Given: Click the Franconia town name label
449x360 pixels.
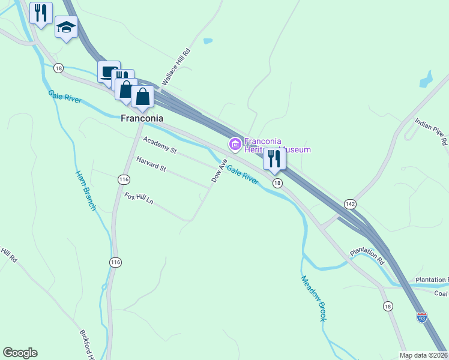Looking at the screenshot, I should pos(142,118).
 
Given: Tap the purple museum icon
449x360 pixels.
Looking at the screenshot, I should pos(235,144).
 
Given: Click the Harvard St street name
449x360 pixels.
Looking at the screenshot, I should pos(151,164).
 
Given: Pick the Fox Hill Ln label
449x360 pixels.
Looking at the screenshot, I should pos(139,198).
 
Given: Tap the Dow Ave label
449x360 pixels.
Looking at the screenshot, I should pos(218,170).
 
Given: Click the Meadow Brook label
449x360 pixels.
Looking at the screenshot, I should pos(313,298).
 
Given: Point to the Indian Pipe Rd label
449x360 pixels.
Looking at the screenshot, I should pos(431,133).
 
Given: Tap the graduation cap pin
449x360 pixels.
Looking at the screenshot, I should pos(67,27).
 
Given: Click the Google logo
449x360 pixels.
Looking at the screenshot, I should pos(20,353).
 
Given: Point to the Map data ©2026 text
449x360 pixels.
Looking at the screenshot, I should pos(424,355).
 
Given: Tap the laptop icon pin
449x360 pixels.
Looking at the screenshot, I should pos(109,71).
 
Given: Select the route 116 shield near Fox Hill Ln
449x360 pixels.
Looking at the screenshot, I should pos(124,179).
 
